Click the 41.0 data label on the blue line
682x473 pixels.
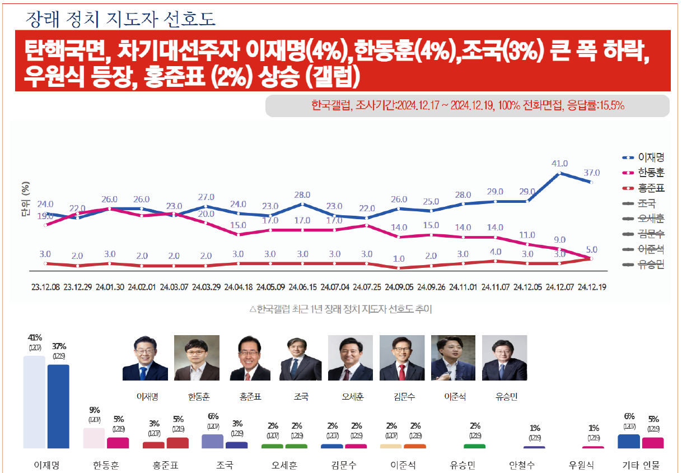(560, 164)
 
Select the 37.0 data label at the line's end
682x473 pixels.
(592, 173)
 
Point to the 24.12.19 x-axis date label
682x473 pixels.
(592, 287)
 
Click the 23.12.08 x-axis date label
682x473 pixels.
(46, 287)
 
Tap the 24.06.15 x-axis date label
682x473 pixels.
(302, 287)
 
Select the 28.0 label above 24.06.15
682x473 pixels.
(302, 195)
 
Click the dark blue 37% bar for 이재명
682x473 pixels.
(58, 406)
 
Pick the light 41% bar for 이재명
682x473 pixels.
(34, 402)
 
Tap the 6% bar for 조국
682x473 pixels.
(212, 441)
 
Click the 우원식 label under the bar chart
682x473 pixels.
(582, 465)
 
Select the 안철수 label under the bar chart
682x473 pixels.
(522, 465)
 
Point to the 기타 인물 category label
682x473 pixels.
(641, 465)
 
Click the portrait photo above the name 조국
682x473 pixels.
(301, 358)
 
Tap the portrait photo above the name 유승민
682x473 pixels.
(504, 358)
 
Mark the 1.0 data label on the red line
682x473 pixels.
(399, 259)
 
